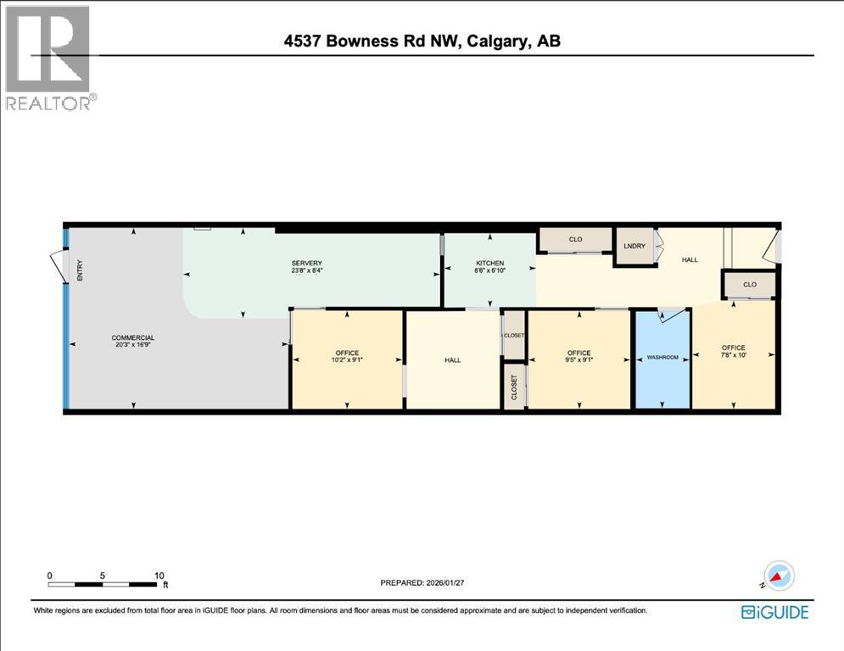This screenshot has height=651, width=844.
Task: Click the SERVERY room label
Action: click(307, 264)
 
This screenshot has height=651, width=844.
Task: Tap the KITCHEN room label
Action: click(489, 264)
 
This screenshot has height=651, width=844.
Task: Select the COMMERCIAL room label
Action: click(133, 338)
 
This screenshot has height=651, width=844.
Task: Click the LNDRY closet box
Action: click(634, 246)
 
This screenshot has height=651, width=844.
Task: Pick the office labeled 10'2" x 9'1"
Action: click(347, 357)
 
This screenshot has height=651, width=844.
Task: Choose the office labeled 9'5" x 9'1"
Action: click(579, 357)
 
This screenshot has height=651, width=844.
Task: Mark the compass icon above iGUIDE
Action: click(779, 576)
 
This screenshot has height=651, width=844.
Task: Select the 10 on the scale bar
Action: click(159, 575)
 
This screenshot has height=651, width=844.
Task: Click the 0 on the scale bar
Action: click(50, 575)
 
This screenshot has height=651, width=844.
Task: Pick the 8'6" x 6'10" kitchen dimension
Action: click(489, 270)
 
